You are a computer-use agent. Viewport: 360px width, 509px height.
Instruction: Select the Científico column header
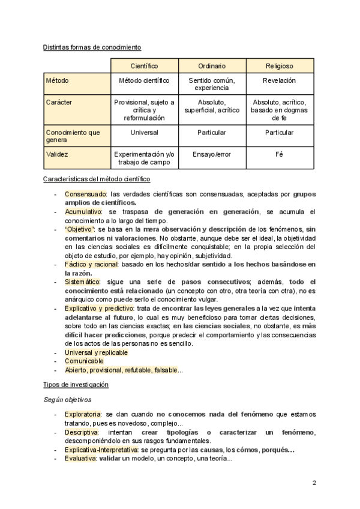click(x=144, y=65)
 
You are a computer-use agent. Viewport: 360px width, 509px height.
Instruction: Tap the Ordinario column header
click(x=212, y=65)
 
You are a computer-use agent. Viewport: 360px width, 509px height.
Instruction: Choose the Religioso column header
click(x=280, y=65)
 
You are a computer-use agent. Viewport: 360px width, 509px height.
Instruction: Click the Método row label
click(x=58, y=80)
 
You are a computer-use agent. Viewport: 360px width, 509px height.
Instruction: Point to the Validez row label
click(x=58, y=154)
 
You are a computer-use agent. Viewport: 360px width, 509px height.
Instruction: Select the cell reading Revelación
click(x=280, y=80)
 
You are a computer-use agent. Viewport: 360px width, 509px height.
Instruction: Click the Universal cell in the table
click(x=144, y=132)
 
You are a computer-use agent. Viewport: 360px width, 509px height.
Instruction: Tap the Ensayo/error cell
click(x=212, y=154)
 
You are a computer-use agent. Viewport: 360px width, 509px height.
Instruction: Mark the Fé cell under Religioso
click(x=280, y=154)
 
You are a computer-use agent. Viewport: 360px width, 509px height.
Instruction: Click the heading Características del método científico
click(x=97, y=179)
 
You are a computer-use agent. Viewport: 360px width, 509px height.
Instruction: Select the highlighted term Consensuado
click(x=86, y=194)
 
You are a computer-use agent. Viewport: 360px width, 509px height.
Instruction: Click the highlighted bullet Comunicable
click(x=84, y=361)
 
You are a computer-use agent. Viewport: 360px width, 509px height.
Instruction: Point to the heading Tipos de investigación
click(x=76, y=384)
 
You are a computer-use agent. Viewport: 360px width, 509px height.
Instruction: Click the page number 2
click(x=314, y=483)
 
